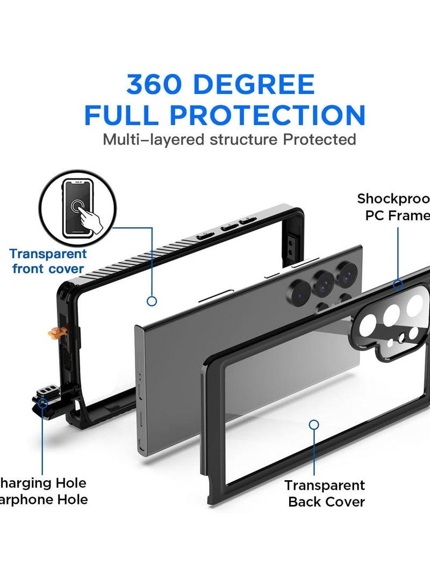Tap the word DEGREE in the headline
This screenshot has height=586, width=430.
[x=258, y=85]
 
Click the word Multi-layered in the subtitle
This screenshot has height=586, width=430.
[x=152, y=140]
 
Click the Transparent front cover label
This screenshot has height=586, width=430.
[x=48, y=261]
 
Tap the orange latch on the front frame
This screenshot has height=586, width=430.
[x=54, y=334]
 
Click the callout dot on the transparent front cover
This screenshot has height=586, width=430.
[x=152, y=301]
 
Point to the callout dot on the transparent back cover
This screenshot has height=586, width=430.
[x=314, y=424]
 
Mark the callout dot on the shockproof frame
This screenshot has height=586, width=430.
[x=398, y=285]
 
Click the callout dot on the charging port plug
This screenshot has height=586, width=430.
[x=43, y=401]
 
